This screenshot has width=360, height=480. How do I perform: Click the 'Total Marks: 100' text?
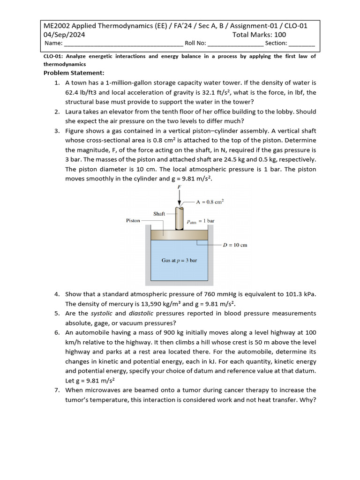point(259,35)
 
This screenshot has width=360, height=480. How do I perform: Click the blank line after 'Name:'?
point(123,44)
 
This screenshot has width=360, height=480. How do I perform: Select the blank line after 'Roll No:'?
point(235,44)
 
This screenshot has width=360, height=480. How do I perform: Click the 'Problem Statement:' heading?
point(74,73)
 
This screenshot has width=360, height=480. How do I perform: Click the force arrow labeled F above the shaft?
point(179,198)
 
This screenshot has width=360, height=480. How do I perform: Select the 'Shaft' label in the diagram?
point(159,214)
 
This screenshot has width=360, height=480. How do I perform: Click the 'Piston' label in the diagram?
point(133,220)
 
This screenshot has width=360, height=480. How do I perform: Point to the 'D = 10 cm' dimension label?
point(235,245)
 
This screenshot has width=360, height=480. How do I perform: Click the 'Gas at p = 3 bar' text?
point(179,260)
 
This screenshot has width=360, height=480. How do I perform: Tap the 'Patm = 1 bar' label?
point(200,221)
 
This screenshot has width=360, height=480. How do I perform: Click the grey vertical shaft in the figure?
point(179,218)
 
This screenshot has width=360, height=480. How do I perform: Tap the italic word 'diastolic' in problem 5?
point(142,313)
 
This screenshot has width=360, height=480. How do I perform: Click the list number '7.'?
point(57,390)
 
